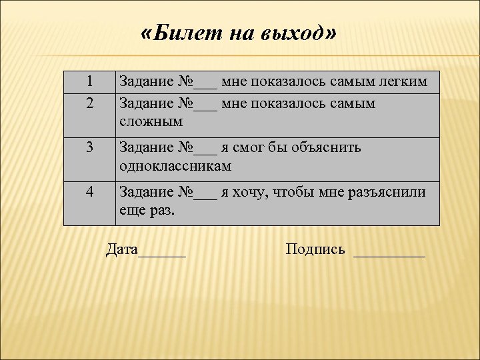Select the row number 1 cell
pos(90,82)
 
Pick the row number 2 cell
pos(90,103)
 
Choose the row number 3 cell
pos(90,148)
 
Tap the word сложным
pos(151,122)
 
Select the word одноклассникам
pos(175,166)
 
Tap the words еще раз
pos(147,210)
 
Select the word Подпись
pos(315,250)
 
